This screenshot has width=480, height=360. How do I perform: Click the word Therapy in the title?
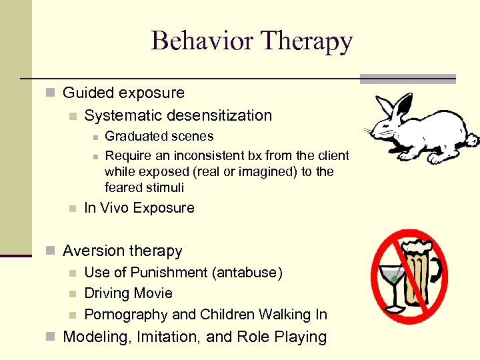(307, 41)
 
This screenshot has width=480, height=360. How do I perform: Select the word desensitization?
(219, 115)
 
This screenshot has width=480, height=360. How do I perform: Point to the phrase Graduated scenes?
(159, 137)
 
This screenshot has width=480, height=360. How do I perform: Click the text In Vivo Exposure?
(139, 208)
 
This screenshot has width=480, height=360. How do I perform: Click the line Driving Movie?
(128, 293)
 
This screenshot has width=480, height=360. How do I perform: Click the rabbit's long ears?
(393, 107)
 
